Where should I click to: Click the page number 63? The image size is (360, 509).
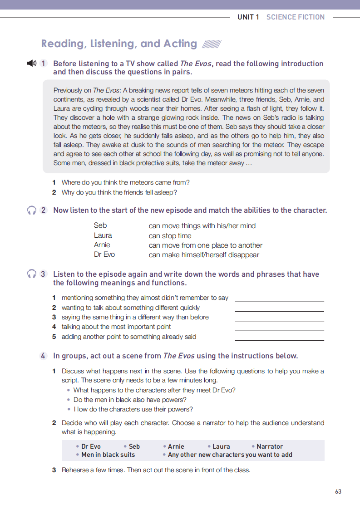click(338, 491)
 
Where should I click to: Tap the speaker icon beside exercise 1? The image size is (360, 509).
click(31, 64)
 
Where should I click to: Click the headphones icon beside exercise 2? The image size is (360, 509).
click(31, 210)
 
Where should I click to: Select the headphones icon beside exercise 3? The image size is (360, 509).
click(31, 274)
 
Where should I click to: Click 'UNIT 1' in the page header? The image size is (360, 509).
click(248, 17)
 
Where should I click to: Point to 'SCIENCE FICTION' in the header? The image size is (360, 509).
click(296, 17)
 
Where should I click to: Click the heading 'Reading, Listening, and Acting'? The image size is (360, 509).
click(119, 44)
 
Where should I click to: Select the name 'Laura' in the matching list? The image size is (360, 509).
click(103, 235)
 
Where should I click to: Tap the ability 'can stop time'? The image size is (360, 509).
click(170, 236)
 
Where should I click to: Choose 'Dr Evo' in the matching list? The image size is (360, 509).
click(104, 254)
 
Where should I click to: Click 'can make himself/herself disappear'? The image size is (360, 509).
click(204, 255)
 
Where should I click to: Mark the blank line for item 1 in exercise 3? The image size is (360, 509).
click(279, 301)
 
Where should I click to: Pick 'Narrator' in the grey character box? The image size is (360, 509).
click(269, 446)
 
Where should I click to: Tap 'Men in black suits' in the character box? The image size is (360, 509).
click(108, 455)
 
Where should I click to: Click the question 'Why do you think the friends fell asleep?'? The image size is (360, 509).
click(119, 192)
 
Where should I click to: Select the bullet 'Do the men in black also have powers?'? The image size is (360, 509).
click(130, 400)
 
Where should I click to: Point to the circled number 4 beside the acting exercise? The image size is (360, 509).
click(43, 356)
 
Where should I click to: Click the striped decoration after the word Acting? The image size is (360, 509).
click(211, 44)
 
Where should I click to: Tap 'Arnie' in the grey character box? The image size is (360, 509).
click(176, 446)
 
